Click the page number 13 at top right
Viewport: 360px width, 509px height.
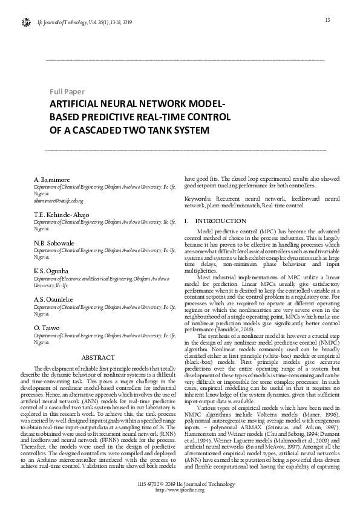[327, 21]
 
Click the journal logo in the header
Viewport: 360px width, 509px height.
[26, 23]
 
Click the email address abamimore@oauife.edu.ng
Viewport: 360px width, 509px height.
[58, 200]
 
